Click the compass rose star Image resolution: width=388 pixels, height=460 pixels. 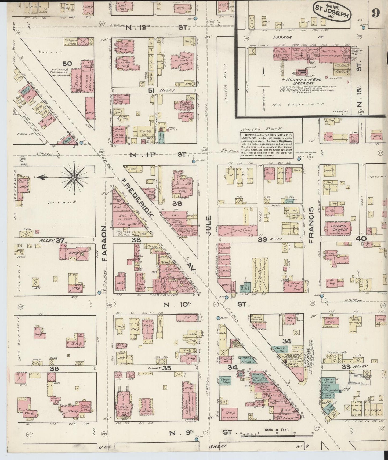tap(74, 177)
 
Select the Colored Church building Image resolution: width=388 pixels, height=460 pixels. tap(339, 228)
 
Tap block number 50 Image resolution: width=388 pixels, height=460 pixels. tap(67, 64)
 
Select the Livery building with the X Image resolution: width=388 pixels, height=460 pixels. tap(237, 230)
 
